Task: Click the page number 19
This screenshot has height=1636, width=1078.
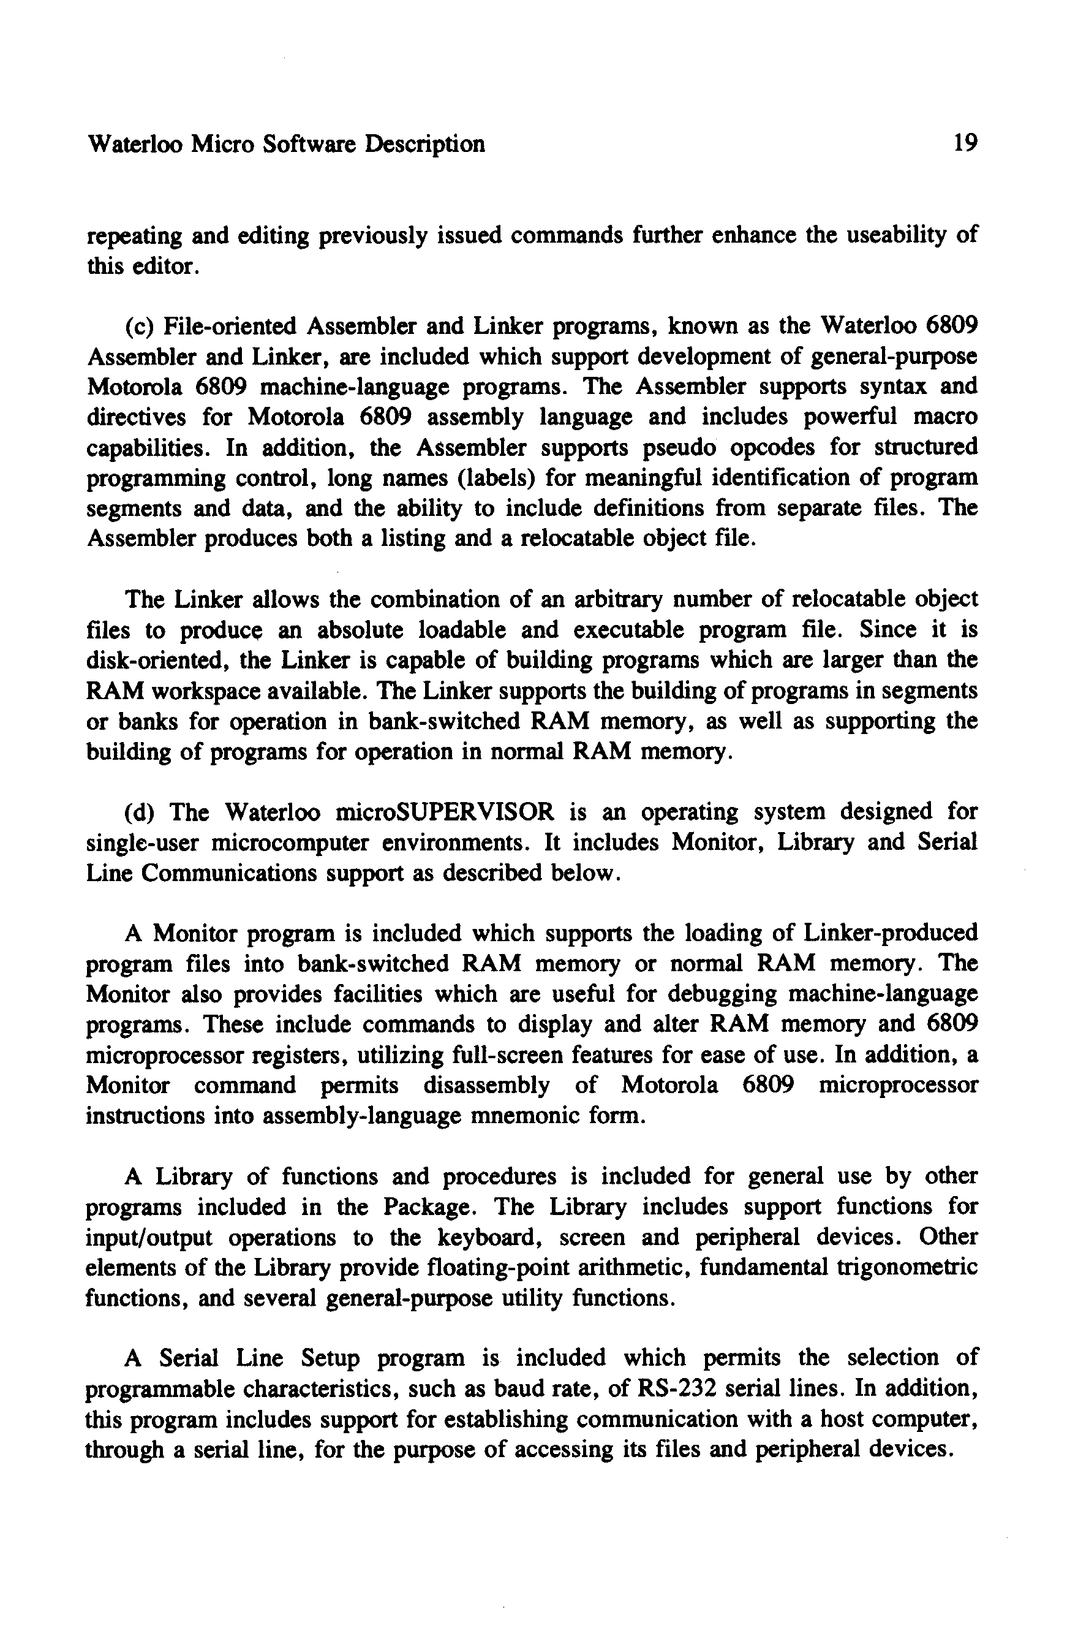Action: pyautogui.click(x=965, y=144)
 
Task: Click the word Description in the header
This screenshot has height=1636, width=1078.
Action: pyautogui.click(x=425, y=144)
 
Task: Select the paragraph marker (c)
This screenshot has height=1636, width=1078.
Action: pyautogui.click(x=140, y=326)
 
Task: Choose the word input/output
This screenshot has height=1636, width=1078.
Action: pyautogui.click(x=148, y=1237)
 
